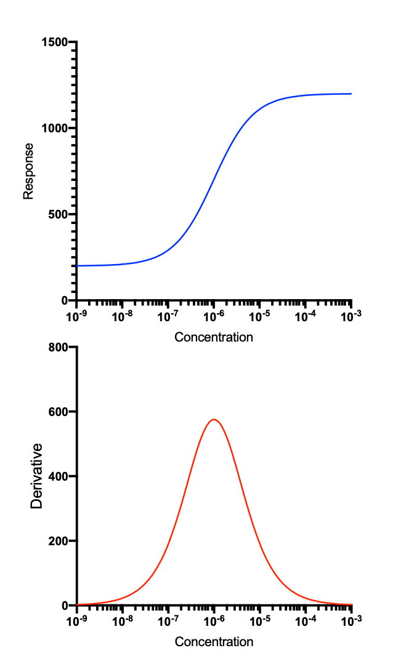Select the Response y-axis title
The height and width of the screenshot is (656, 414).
28,171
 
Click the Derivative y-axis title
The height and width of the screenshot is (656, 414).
36,476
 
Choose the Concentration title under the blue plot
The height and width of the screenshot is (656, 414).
214,337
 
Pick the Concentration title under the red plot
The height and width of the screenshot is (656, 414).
214,642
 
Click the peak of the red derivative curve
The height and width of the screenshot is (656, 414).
214,420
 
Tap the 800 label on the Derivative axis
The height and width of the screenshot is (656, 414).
59,347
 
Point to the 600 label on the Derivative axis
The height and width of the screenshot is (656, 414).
59,412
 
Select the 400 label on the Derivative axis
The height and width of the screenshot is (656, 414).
59,476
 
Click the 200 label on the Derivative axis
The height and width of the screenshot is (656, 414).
59,541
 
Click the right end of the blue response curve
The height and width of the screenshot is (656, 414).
351,94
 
